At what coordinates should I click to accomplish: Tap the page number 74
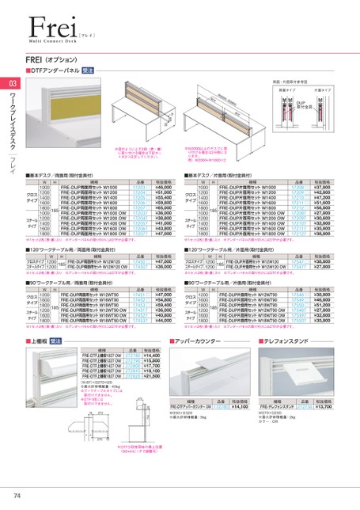[x=17, y=496]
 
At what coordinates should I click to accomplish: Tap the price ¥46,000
[x=161, y=187]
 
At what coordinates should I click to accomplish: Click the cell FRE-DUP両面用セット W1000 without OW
[x=90, y=187]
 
